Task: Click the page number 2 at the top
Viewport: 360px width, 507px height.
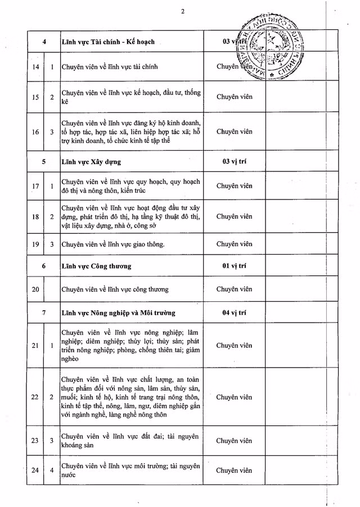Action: pos(183,11)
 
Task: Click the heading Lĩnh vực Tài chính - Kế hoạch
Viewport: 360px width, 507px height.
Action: pos(108,42)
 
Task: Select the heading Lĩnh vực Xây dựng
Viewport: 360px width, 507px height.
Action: pos(91,161)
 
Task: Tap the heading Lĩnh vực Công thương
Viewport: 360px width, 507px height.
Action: pos(96,265)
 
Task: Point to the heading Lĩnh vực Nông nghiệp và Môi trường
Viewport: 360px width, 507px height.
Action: pos(118,313)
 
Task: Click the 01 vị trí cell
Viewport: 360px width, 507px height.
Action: pos(235,265)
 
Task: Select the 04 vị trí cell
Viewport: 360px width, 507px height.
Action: pos(235,313)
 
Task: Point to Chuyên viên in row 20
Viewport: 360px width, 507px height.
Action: pos(235,289)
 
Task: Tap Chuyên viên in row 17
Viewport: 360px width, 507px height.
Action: pos(235,186)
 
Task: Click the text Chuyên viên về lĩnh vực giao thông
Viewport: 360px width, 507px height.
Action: pos(113,244)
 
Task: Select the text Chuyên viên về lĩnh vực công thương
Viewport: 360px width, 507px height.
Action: pos(115,289)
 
